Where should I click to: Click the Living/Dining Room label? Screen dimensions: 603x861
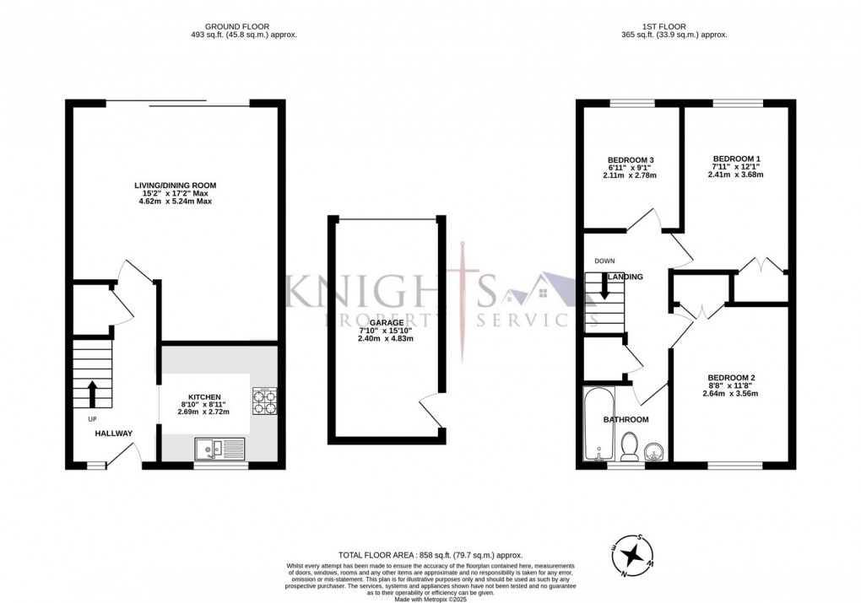(x=176, y=185)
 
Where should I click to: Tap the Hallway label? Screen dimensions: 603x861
(x=113, y=433)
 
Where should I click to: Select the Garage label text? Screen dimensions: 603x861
(x=382, y=320)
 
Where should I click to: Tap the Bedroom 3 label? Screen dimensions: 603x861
(x=631, y=160)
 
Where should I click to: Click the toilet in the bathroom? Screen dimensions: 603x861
(x=628, y=447)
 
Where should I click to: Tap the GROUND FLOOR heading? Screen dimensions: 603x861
(x=244, y=26)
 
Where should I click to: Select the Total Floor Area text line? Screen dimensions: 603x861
(x=430, y=555)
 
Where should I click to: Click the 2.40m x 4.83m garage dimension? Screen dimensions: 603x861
(x=382, y=338)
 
